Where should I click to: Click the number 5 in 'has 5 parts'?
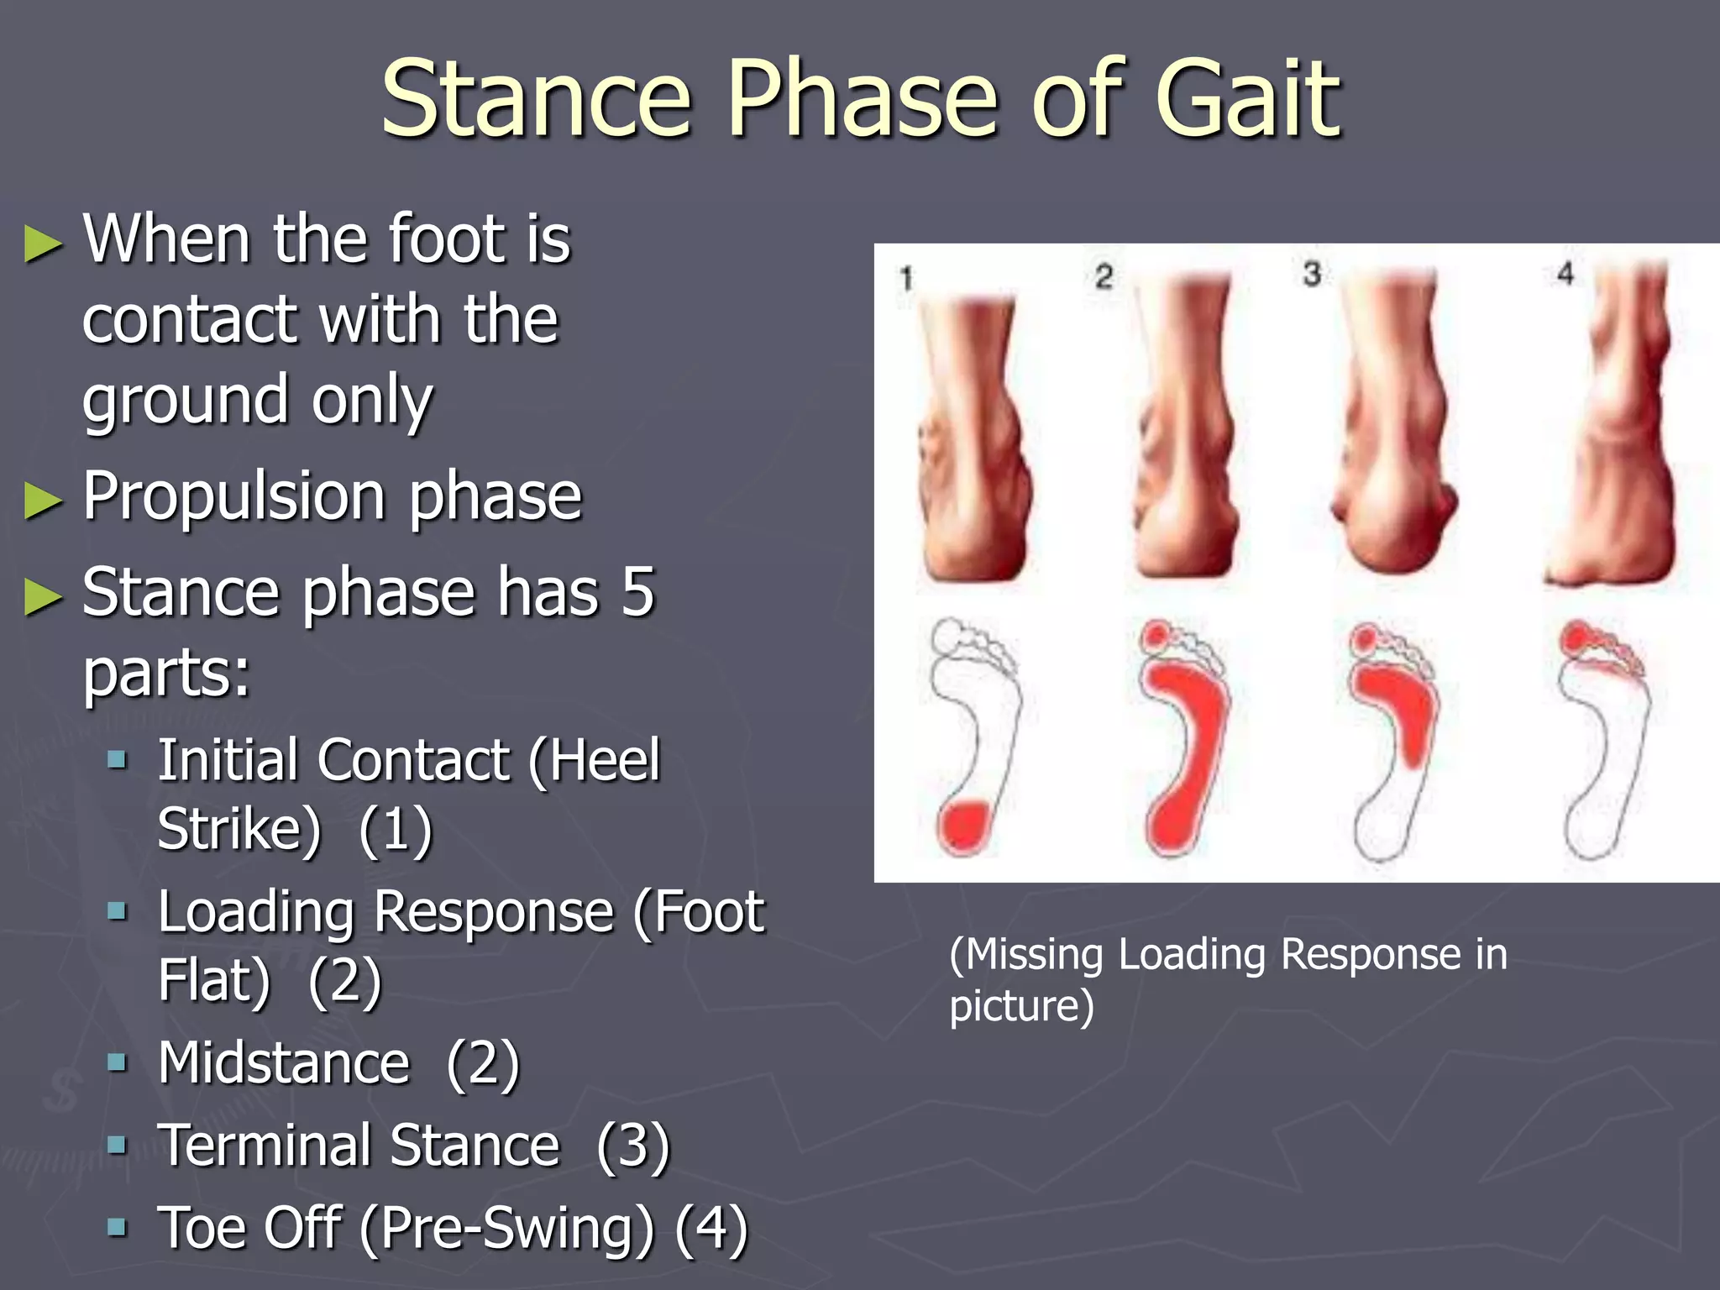pyautogui.click(x=638, y=592)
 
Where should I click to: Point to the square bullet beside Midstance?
pyautogui.click(x=118, y=1063)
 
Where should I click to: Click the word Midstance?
pyautogui.click(x=284, y=1063)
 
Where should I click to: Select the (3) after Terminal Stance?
pyautogui.click(x=633, y=1146)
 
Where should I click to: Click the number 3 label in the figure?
pyautogui.click(x=1312, y=274)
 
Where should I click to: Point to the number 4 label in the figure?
pyautogui.click(x=1565, y=274)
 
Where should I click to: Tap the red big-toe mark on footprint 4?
pyautogui.click(x=1576, y=637)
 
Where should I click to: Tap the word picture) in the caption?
pyautogui.click(x=1021, y=1006)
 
